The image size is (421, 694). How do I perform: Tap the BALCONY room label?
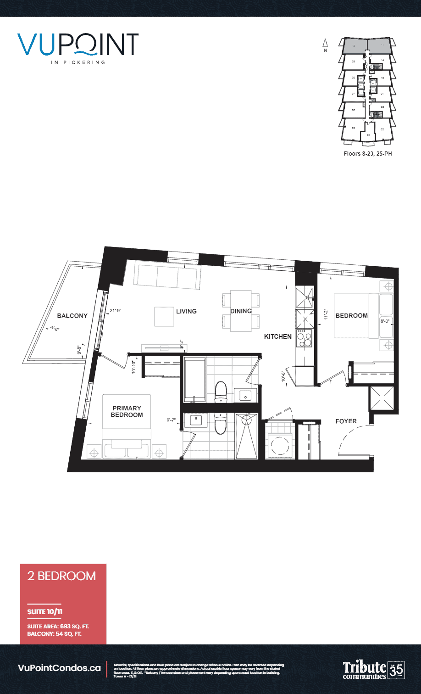pos(72,316)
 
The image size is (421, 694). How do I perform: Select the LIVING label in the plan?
pos(186,311)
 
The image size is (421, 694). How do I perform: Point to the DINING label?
pos(241,311)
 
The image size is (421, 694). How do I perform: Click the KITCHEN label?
pos(277,336)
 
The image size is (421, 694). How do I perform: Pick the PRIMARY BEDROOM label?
pos(127,411)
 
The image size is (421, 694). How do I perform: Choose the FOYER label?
pos(346,421)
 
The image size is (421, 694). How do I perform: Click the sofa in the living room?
pos(167,275)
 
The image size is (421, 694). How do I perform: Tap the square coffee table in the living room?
pos(164,316)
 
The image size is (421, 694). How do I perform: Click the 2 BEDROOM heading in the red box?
pos(61,576)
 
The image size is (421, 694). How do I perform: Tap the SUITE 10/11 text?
pos(43,612)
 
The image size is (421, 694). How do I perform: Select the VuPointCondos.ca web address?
pos(59,668)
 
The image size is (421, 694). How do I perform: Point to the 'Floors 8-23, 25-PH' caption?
pos(368,154)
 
